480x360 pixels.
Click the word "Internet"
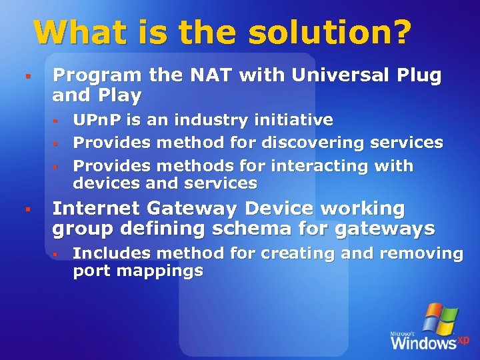pyautogui.click(x=94, y=209)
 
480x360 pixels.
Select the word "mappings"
pyautogui.click(x=159, y=271)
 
